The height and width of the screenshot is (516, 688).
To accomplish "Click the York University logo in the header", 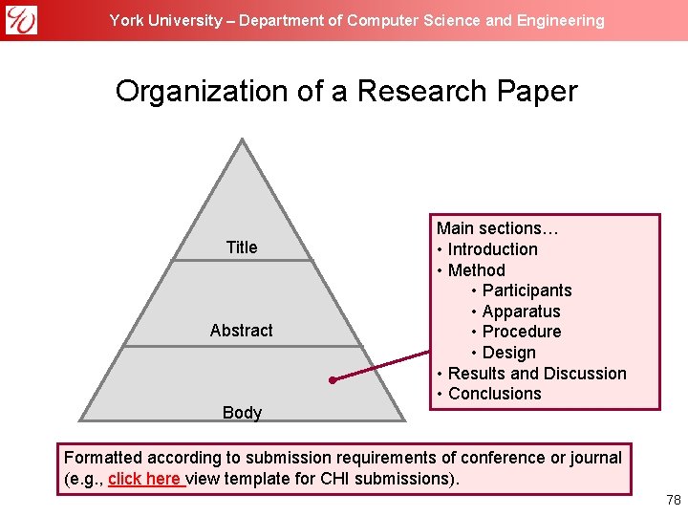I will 21,19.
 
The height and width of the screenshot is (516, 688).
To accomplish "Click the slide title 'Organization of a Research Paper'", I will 346,92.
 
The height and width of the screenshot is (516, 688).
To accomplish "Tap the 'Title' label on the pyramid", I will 242,247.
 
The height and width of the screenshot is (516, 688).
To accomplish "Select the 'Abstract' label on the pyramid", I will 242,331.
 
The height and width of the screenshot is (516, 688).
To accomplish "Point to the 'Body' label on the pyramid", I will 242,413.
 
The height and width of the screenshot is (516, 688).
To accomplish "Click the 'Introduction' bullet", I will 492,249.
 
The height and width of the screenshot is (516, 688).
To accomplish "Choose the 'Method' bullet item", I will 476,270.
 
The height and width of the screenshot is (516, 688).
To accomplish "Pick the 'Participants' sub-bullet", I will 527,290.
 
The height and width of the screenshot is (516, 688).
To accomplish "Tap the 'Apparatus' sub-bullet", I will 521,312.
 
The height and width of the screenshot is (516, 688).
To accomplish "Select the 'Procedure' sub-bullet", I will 521,332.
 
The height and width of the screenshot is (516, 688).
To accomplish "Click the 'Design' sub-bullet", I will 508,353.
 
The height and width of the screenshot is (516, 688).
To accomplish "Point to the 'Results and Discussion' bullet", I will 537,374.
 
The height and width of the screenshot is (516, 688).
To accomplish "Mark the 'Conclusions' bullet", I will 494,394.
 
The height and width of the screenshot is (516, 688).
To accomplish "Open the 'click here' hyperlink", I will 145,479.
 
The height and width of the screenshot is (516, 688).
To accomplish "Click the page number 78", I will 673,501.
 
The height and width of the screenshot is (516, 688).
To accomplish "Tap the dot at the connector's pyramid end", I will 332,380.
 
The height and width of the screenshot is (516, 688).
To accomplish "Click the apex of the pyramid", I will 243,141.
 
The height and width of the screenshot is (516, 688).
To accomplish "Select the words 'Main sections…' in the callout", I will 497,228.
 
